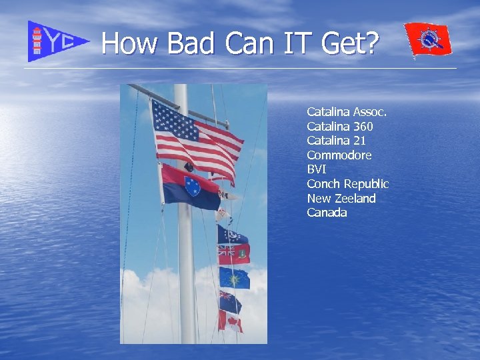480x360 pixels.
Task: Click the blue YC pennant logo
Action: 56,41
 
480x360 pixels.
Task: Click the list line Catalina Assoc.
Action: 347,111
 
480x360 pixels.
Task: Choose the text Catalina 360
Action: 339,126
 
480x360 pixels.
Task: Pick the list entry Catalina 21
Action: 336,141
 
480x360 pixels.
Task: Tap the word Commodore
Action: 339,155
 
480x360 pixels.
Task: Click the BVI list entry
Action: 316,169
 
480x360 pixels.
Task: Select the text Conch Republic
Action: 347,184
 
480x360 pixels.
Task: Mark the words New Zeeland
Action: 341,199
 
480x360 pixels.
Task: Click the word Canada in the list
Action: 327,213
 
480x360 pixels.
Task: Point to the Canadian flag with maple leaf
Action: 230,322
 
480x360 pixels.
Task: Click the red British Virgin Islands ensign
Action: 233,254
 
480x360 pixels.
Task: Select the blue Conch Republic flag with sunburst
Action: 234,277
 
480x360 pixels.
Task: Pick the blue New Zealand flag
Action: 230,302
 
